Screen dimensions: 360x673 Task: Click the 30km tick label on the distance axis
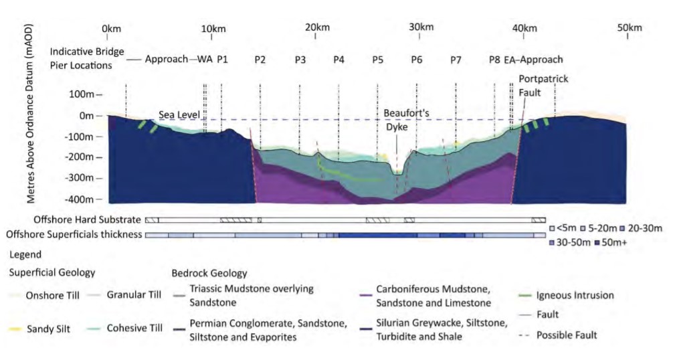[421, 27]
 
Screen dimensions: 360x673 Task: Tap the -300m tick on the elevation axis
[82, 179]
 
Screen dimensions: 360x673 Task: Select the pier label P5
[378, 59]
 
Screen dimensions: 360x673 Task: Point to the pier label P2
[260, 59]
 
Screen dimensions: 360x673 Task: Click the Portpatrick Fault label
[543, 85]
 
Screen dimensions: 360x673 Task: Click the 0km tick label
[111, 27]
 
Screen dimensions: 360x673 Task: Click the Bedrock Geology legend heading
[209, 273]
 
